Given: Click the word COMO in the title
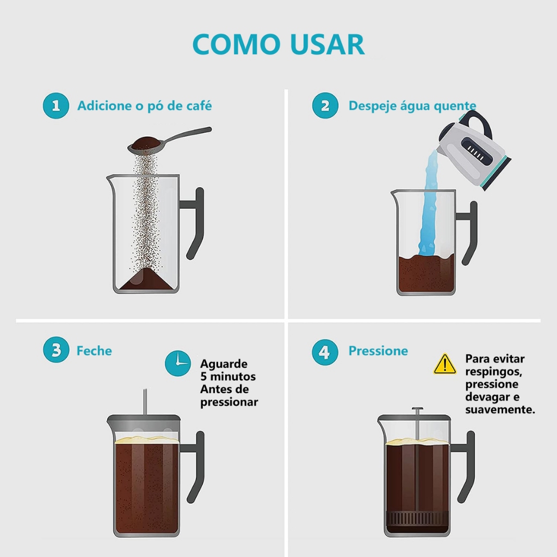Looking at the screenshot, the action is tap(237, 45).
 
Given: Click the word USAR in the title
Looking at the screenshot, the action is tap(327, 45).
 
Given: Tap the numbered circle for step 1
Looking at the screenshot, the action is tap(56, 106).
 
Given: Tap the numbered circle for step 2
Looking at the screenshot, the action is tap(325, 106).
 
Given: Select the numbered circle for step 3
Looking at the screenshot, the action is tap(56, 350).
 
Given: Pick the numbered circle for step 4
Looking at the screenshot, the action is tap(325, 352).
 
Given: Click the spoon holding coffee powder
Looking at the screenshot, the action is tap(169, 140).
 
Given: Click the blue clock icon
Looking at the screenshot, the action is tap(178, 363).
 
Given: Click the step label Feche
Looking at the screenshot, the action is tap(94, 351).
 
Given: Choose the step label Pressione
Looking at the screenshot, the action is tap(378, 351).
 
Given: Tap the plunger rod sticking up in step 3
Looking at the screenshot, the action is tap(145, 402).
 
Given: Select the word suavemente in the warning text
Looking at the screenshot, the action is tap(500, 410).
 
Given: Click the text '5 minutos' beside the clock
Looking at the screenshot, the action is tap(228, 376).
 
